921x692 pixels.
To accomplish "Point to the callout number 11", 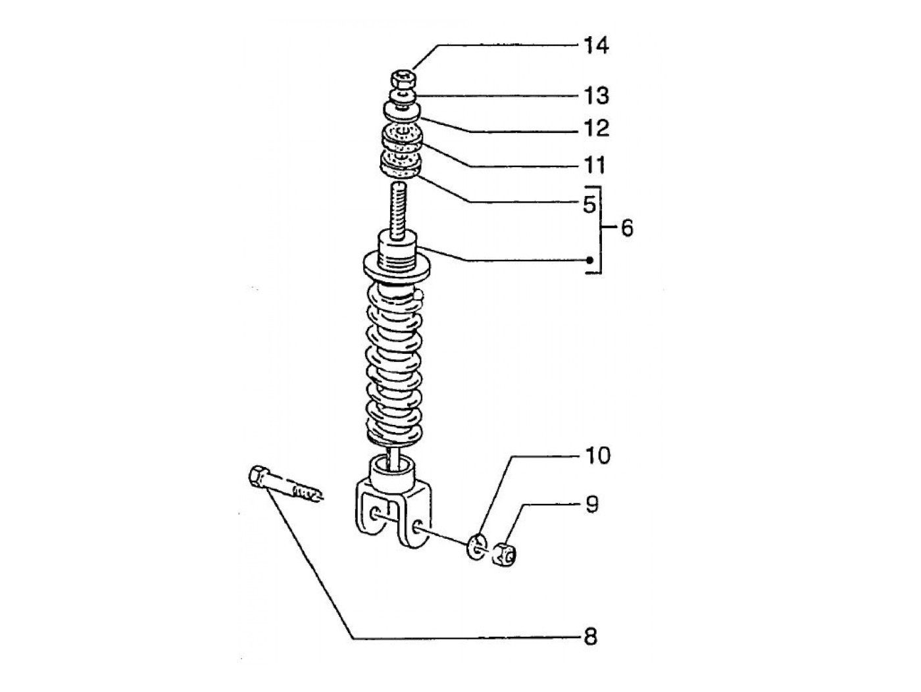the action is (x=595, y=165).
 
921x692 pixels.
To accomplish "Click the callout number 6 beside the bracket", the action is (x=626, y=228).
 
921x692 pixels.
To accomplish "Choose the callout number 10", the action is (x=598, y=456).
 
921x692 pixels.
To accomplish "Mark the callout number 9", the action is (x=591, y=505).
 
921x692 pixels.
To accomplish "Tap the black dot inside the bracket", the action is (x=589, y=260).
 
